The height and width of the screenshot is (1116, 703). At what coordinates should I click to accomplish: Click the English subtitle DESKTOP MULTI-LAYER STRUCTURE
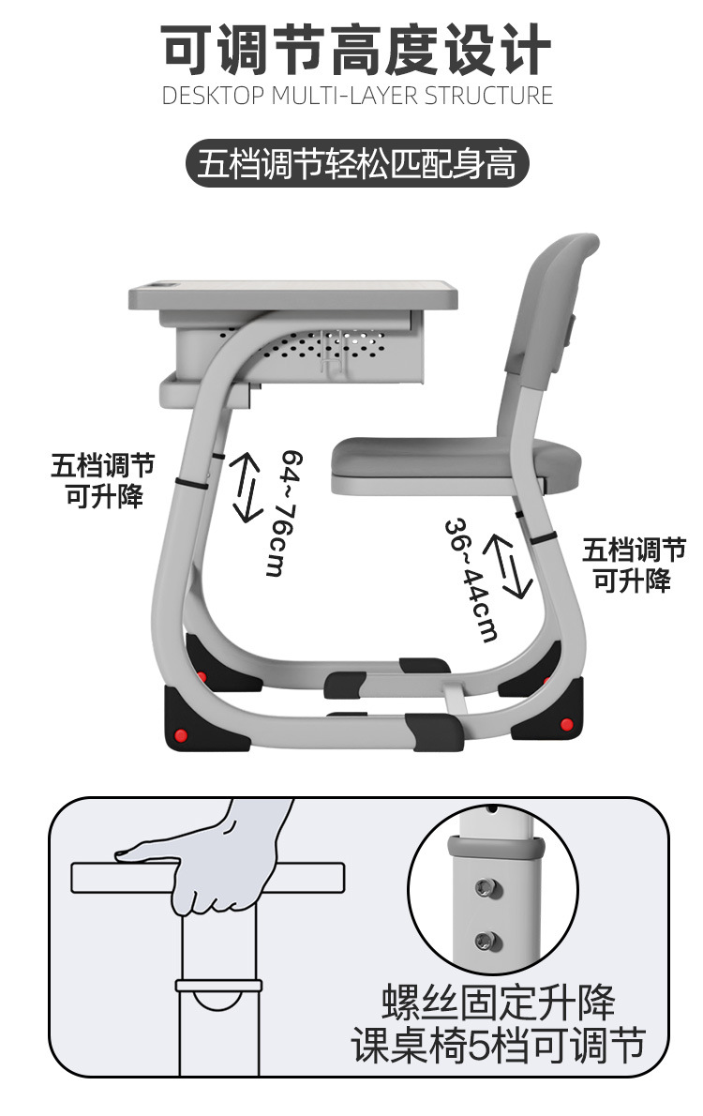tap(357, 96)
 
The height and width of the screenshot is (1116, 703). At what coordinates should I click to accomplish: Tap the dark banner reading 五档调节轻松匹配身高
tap(356, 165)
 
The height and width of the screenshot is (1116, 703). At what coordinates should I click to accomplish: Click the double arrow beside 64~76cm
tap(247, 487)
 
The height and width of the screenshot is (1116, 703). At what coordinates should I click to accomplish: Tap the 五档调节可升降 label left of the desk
tap(103, 480)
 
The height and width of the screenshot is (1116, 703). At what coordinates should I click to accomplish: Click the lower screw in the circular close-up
tap(485, 940)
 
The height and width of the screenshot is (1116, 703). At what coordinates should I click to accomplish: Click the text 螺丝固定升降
tap(499, 1003)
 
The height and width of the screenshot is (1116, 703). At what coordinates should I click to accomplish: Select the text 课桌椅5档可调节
tap(499, 1045)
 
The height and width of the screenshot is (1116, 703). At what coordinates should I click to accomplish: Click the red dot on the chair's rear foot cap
tap(565, 724)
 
